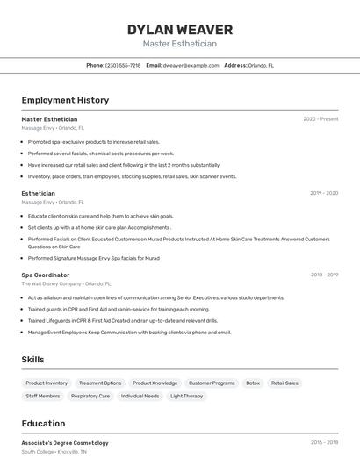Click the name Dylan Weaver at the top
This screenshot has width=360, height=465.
pyautogui.click(x=179, y=29)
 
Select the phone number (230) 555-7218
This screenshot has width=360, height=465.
pyautogui.click(x=123, y=65)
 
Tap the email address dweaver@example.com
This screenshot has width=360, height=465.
pyautogui.click(x=191, y=65)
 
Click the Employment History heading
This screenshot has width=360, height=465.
pyautogui.click(x=65, y=100)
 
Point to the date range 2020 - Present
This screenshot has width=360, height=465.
pyautogui.click(x=320, y=119)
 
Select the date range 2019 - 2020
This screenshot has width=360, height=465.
pyautogui.click(x=324, y=193)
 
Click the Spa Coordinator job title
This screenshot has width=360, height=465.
pyautogui.click(x=46, y=275)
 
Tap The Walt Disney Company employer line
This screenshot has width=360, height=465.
pyautogui.click(x=67, y=284)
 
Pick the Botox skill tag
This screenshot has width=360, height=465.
pyautogui.click(x=253, y=383)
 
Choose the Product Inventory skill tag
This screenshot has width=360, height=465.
pyautogui.click(x=47, y=383)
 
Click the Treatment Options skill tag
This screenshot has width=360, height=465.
pyautogui.click(x=100, y=383)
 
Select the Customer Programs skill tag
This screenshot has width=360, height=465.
pyautogui.click(x=212, y=383)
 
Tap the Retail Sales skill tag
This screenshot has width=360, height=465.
pyautogui.click(x=284, y=383)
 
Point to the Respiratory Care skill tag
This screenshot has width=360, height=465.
pyautogui.click(x=90, y=397)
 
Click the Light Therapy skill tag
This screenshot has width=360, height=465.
pyautogui.click(x=186, y=397)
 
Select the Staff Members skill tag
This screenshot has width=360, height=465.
pyautogui.click(x=43, y=397)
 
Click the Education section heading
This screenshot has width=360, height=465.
pyautogui.click(x=43, y=423)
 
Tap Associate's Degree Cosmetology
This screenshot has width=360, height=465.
pyautogui.click(x=65, y=443)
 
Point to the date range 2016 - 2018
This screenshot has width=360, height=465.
pyautogui.click(x=324, y=443)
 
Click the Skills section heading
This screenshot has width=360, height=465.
pyautogui.click(x=33, y=360)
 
